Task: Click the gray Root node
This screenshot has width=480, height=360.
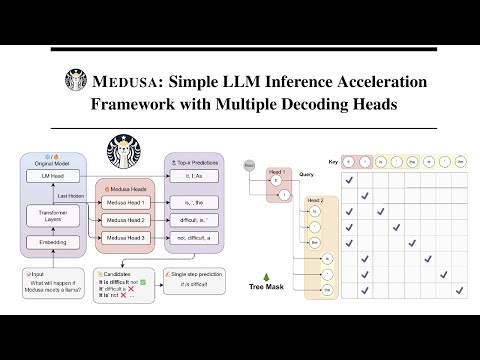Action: (x=249, y=163)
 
